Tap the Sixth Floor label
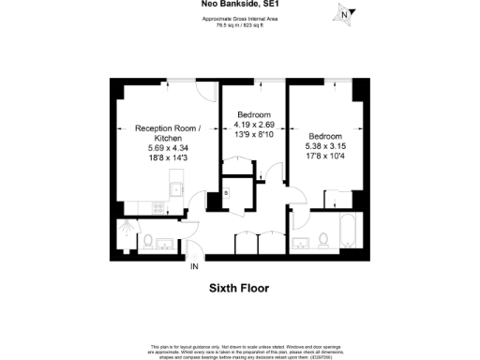click(238, 289)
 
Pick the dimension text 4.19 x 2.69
click(253, 124)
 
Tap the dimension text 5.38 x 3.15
click(326, 145)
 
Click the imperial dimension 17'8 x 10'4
click(326, 156)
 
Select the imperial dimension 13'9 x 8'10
click(253, 134)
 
